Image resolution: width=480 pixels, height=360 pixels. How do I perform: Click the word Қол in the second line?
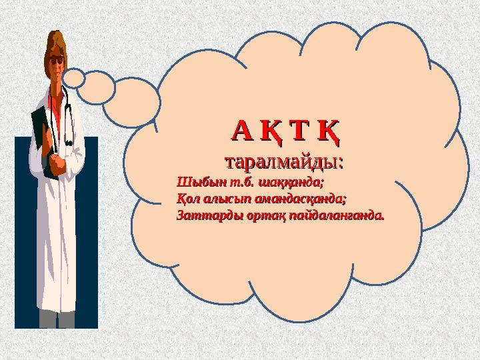point(187,199)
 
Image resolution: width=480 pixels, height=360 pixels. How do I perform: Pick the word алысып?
point(226,199)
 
